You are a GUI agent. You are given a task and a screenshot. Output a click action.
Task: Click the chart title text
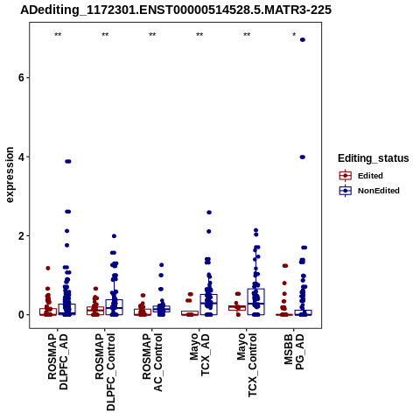176,10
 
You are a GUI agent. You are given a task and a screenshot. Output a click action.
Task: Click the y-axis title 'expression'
10,175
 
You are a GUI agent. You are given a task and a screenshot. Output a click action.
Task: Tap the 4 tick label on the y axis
21,157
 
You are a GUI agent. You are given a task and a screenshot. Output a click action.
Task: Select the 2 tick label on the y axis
21,235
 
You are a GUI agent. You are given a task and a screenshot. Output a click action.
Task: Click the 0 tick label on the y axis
21,315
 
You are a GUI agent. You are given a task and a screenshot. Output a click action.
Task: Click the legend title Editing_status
374,158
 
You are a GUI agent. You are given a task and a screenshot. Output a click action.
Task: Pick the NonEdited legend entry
369,191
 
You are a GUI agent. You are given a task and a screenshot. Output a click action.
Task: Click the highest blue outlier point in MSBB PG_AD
303,39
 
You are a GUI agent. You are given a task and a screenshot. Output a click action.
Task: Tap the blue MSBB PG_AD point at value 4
303,157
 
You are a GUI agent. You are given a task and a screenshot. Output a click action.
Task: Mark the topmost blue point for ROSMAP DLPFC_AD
68,161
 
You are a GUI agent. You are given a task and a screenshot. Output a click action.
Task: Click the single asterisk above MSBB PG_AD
294,35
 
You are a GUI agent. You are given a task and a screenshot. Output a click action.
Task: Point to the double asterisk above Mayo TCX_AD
199,35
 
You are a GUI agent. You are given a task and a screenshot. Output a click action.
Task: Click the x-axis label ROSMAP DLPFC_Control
105,372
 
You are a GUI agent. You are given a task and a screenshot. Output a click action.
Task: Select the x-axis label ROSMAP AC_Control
152,362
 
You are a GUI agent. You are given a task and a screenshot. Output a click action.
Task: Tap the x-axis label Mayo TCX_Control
247,365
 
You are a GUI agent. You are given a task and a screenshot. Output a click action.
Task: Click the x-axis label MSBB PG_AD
294,351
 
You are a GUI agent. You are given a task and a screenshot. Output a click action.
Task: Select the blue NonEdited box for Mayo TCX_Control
255,302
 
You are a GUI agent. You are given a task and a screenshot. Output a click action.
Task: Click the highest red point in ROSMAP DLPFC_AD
48,268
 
